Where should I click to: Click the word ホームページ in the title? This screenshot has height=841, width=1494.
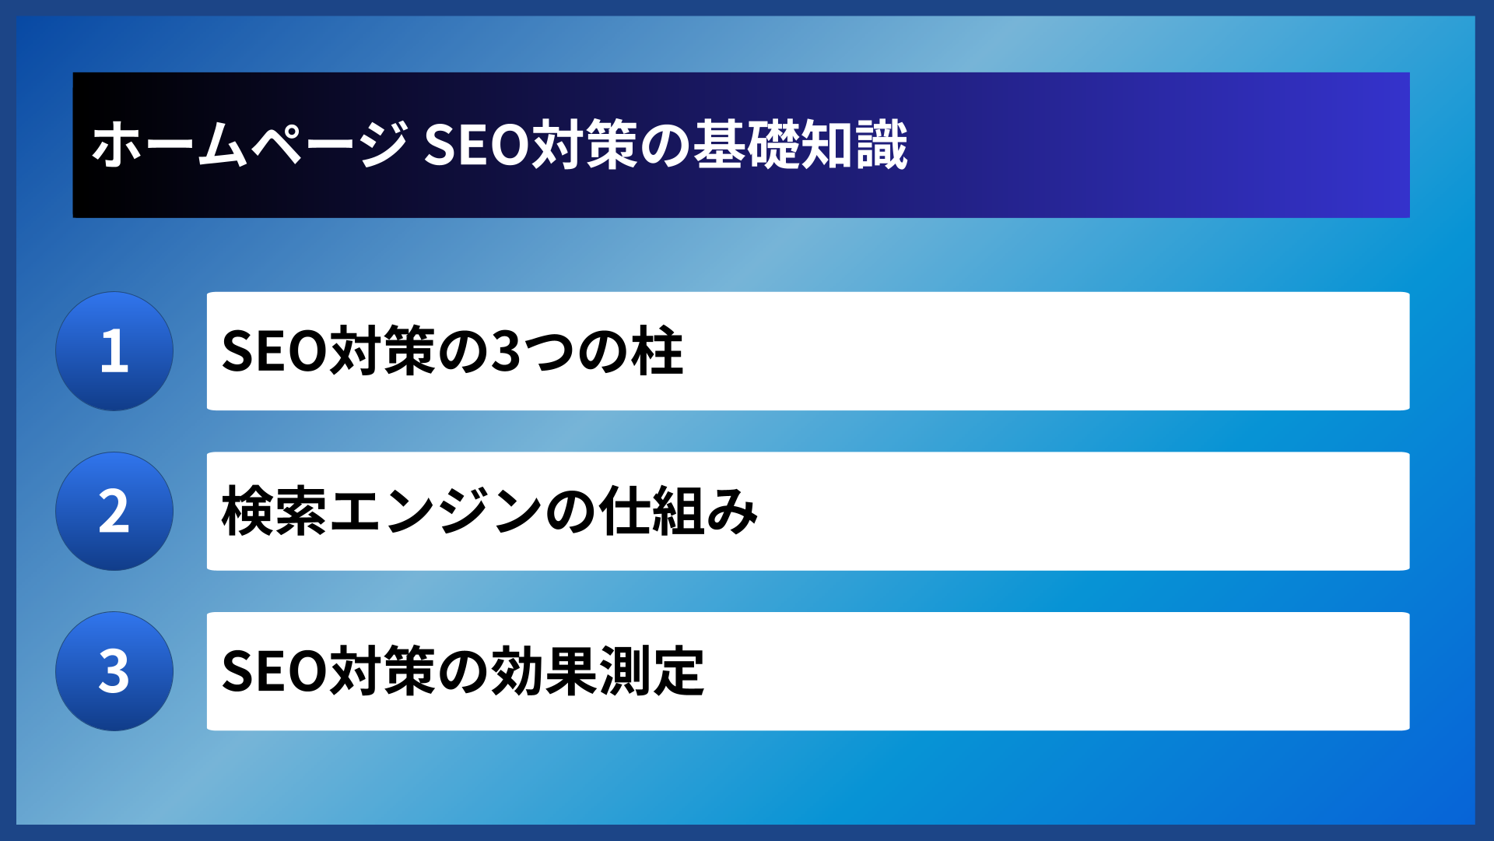[x=250, y=145]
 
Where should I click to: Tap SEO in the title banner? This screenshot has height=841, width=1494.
[x=475, y=145]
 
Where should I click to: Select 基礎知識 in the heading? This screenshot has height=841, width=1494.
[x=801, y=145]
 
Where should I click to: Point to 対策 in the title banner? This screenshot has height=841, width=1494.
[x=584, y=145]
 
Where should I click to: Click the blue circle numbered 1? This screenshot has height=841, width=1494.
[x=114, y=351]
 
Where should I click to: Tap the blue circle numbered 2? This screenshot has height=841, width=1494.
[x=114, y=512]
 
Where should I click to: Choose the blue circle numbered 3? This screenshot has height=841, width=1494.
[x=114, y=671]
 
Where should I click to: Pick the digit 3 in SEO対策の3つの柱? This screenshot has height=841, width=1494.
[x=507, y=351]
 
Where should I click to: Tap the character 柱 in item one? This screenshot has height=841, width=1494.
[x=658, y=351]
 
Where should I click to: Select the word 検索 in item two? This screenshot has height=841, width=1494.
[x=275, y=512]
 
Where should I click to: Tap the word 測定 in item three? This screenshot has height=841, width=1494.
[x=651, y=671]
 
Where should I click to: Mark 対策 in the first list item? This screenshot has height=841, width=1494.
[x=382, y=351]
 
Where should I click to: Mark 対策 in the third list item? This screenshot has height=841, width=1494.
[x=382, y=671]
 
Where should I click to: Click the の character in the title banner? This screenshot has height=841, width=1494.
[x=665, y=145]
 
